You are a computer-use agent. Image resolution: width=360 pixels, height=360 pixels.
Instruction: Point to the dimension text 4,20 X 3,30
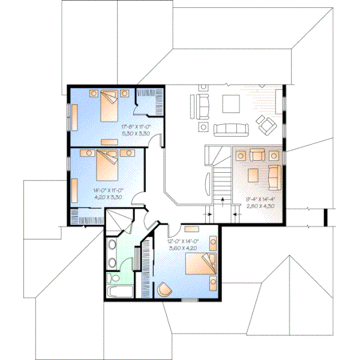(x=108, y=196)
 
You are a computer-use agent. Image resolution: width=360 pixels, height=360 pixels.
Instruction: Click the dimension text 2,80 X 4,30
(x=260, y=206)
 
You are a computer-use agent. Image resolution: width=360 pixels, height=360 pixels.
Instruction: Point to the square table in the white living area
(x=231, y=104)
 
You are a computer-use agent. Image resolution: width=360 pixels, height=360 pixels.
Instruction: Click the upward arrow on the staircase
(x=223, y=200)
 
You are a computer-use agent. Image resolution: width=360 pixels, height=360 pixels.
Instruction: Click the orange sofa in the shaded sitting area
(x=274, y=175)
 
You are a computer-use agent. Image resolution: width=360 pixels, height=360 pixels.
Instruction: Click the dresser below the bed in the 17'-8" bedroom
(x=109, y=140)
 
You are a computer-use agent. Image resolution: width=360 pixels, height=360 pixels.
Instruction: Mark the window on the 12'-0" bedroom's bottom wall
(x=188, y=299)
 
